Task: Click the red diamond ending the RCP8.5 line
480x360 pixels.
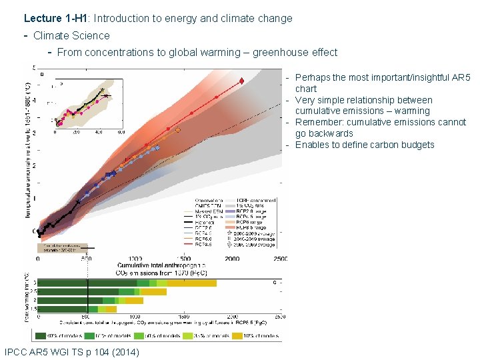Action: click(241, 81)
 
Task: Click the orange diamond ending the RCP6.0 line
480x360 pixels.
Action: click(178, 130)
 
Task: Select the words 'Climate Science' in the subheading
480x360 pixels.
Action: click(71, 35)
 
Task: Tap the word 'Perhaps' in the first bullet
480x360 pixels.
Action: click(312, 78)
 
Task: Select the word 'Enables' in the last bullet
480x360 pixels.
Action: click(311, 145)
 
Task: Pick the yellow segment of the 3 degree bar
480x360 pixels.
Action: click(192, 283)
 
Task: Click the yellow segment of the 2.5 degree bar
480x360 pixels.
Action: click(153, 291)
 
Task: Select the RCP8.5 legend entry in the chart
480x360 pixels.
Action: click(198, 244)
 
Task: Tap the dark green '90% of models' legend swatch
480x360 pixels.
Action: click(41, 335)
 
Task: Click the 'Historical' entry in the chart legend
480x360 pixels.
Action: click(199, 223)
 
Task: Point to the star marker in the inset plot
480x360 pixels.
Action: click(102, 89)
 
